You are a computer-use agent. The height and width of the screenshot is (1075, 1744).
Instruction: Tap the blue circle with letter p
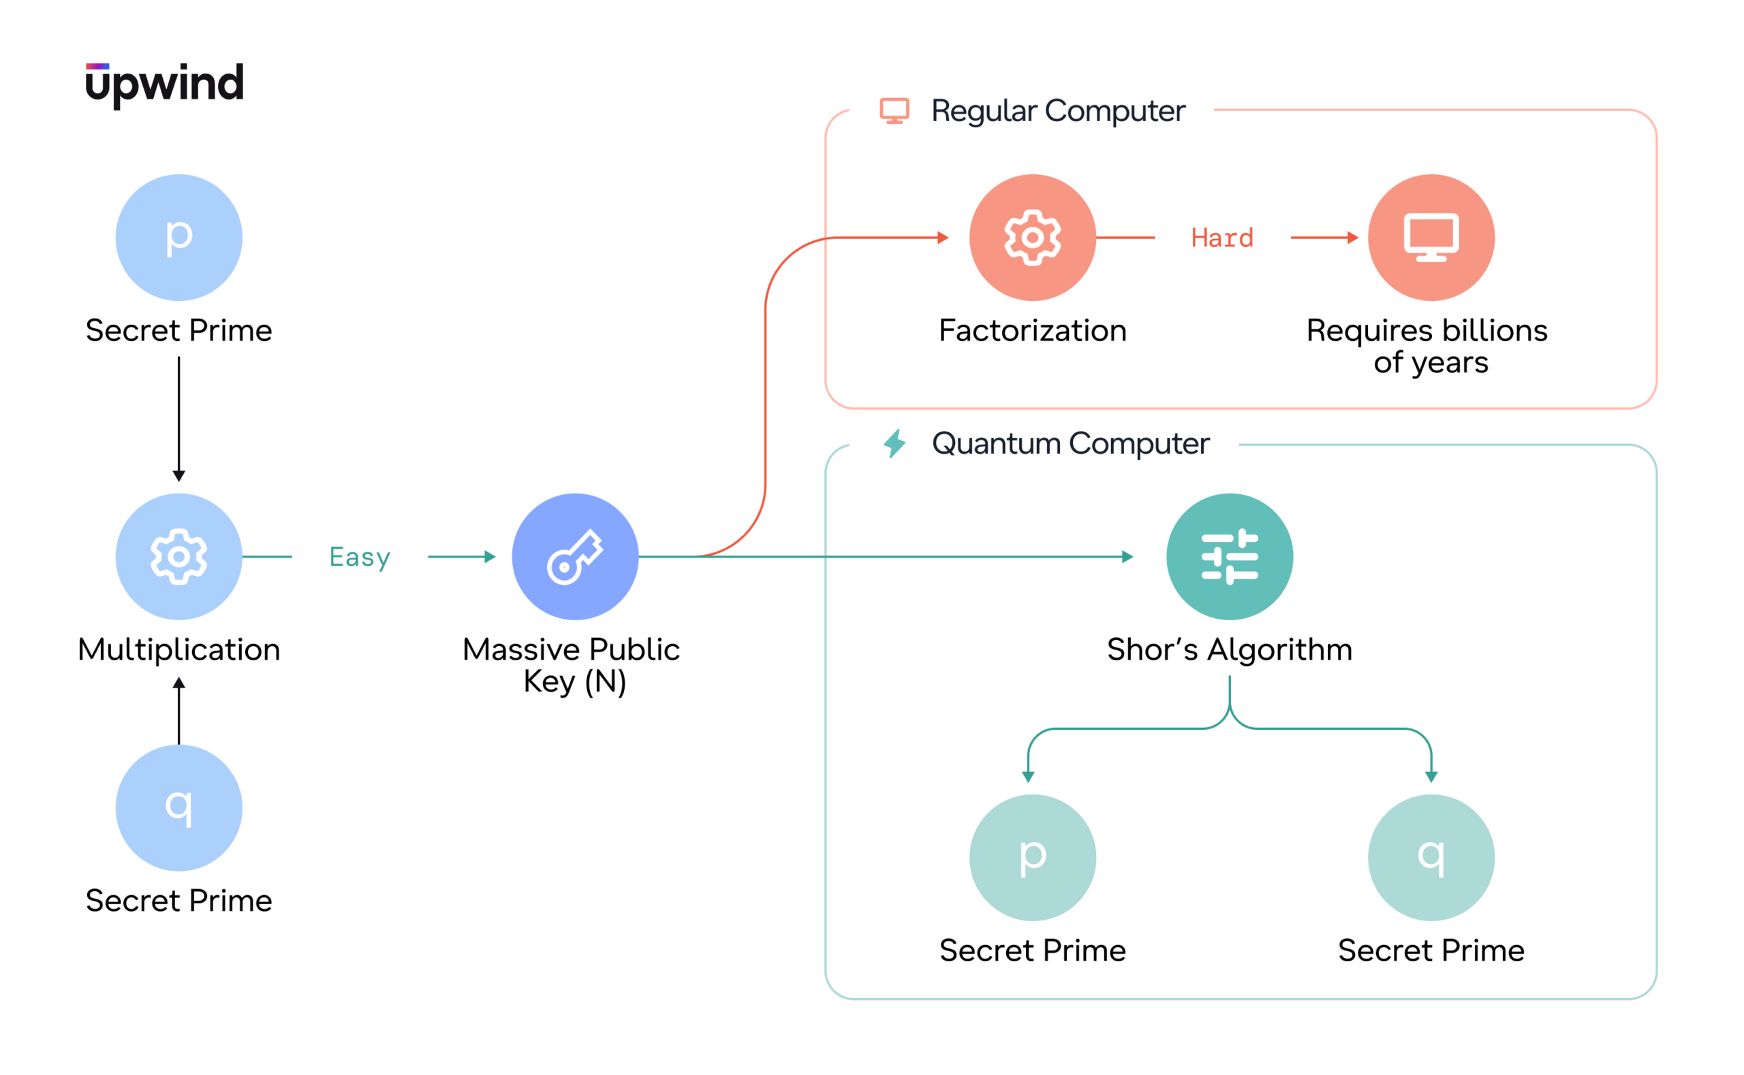pos(179,238)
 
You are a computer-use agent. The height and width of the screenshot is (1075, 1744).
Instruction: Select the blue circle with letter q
pos(179,807)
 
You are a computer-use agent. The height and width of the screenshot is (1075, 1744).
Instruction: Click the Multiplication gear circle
pos(179,557)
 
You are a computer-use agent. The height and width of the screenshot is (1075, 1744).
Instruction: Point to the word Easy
pos(360,558)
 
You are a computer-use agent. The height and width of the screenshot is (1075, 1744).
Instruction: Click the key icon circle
pos(576,557)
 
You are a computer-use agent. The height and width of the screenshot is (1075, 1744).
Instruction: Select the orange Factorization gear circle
pos(1033,238)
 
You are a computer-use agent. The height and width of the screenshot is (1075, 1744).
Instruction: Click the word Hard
pos(1223,238)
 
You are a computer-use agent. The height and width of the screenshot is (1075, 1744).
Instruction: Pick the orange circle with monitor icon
pos(1431,238)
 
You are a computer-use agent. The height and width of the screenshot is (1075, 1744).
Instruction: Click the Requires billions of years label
pos(1427,347)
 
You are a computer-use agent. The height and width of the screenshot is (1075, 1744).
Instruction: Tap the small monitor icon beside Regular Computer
pos(894,111)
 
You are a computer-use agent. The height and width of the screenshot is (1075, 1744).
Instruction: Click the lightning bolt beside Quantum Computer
pos(894,444)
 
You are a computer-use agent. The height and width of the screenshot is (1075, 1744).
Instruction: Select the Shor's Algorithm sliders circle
pos(1230,557)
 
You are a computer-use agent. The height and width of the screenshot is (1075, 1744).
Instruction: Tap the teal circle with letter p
pos(1033,857)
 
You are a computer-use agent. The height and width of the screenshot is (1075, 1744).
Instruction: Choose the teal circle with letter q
pos(1431,857)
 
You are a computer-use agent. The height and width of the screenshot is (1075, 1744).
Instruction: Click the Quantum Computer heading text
pos(1070,445)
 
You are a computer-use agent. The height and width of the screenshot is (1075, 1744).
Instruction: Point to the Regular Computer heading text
pos(1059,112)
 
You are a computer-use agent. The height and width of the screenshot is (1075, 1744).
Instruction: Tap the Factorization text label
pos(1033,331)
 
